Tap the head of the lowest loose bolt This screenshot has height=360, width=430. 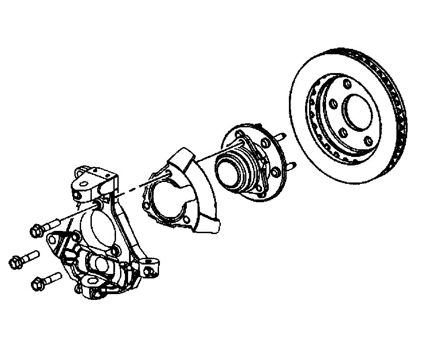tap(38, 283)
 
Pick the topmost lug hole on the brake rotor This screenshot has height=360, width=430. tap(347, 84)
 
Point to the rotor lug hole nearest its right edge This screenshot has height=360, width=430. tap(369, 141)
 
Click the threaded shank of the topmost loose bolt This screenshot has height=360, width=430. tap(54, 223)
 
